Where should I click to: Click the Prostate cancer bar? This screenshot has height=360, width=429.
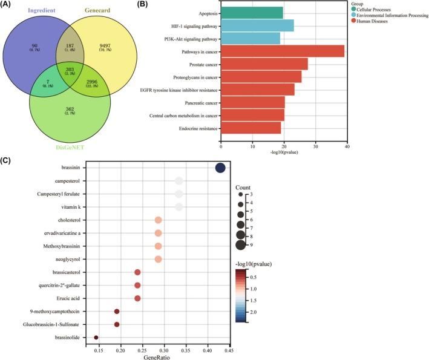click(x=264, y=64)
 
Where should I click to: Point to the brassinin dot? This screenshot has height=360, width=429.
click(x=220, y=168)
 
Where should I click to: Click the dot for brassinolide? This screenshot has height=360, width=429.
click(x=96, y=337)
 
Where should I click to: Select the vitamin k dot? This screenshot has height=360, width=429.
click(x=178, y=207)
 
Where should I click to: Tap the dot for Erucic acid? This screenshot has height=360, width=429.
click(x=137, y=298)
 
